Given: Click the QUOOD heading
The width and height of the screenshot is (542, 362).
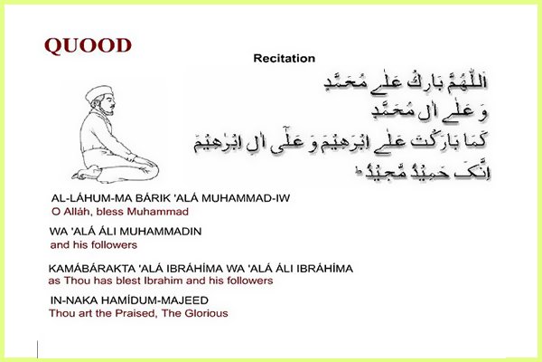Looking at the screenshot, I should pos(88,44).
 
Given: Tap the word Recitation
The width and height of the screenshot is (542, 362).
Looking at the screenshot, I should pos(284,59).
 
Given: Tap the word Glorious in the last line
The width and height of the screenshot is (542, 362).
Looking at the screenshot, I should pos(207,313).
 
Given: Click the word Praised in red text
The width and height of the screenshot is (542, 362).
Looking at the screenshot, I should pos(135,313).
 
